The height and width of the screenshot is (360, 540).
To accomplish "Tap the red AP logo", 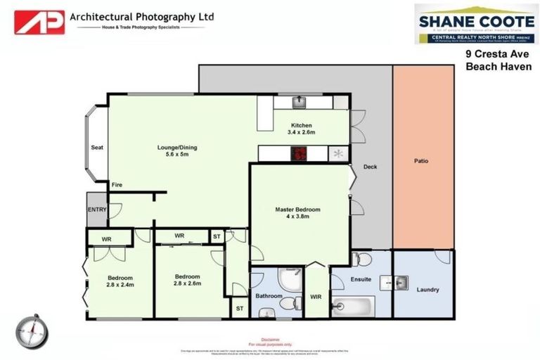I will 39,22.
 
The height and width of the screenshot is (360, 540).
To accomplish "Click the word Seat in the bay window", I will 97,148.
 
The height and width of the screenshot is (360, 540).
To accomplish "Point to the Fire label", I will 117,185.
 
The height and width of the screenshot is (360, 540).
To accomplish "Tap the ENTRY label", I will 96,210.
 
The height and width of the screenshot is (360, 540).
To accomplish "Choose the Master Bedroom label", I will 297,213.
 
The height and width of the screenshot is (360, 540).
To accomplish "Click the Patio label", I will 421,161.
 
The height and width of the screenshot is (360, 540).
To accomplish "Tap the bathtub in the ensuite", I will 352,307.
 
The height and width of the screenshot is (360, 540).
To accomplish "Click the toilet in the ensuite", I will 362,259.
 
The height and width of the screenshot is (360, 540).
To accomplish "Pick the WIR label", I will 316,297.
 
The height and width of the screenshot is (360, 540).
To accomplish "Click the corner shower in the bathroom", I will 288,278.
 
